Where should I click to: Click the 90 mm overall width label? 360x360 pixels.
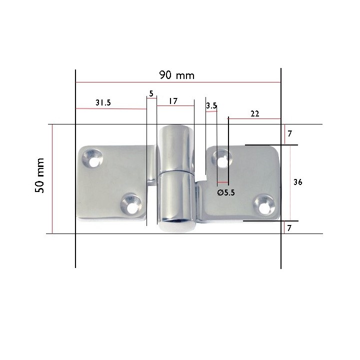[176, 75]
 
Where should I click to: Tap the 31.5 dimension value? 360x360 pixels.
[102, 102]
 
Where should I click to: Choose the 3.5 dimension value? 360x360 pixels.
[211, 105]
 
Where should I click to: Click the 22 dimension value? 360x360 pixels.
[255, 113]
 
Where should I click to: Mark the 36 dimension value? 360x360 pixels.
[297, 182]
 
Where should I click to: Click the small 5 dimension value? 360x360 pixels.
[151, 93]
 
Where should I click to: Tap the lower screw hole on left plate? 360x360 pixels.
[131, 204]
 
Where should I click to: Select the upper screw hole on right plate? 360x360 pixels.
[221, 159]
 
